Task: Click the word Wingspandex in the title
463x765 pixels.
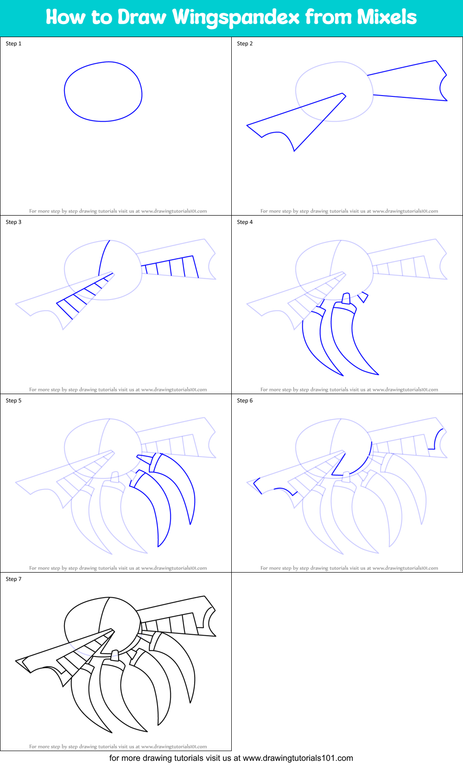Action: (236, 18)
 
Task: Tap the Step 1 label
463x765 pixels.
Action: (13, 44)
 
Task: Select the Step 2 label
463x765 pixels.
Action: (245, 44)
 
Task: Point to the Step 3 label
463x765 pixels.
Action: (13, 222)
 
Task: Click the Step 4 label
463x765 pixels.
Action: (245, 222)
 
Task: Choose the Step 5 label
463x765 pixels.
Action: (13, 401)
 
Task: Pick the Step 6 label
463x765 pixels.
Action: (245, 401)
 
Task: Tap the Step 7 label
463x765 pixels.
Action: (13, 579)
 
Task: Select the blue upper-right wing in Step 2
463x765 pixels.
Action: (408, 81)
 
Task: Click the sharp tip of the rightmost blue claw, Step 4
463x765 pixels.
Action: (378, 374)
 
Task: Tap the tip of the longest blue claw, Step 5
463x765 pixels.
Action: (159, 546)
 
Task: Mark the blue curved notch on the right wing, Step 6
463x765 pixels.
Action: (436, 438)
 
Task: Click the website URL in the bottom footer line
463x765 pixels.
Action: (298, 758)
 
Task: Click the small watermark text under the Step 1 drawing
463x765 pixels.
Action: (118, 211)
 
